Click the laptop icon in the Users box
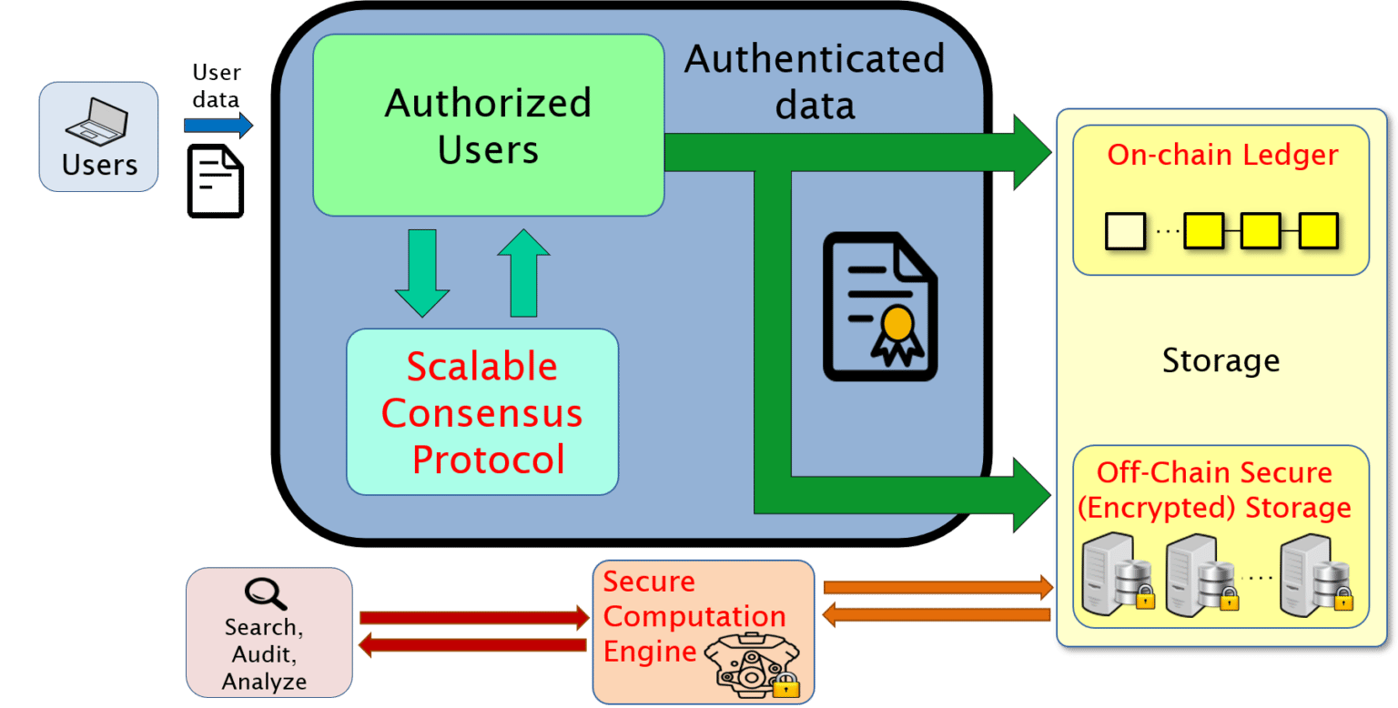97,122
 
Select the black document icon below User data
216,181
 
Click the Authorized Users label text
488,126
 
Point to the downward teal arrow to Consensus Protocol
421,272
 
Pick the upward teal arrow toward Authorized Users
523,272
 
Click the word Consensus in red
481,413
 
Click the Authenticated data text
815,82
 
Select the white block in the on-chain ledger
1125,230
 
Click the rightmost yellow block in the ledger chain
1318,230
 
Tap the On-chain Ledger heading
1222,155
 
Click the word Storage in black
1221,360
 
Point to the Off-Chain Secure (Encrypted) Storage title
1215,490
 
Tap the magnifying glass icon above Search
266,594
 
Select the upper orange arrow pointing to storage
937,587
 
